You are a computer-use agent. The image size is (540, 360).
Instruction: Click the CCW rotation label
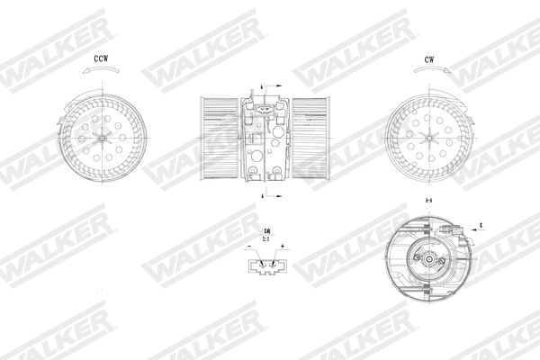[102, 60]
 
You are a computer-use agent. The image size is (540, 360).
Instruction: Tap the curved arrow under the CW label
[431, 78]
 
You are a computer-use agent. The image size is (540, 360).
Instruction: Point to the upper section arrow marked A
[264, 85]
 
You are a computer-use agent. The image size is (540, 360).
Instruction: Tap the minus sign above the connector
[248, 245]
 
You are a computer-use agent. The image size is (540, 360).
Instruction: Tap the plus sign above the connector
[282, 245]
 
